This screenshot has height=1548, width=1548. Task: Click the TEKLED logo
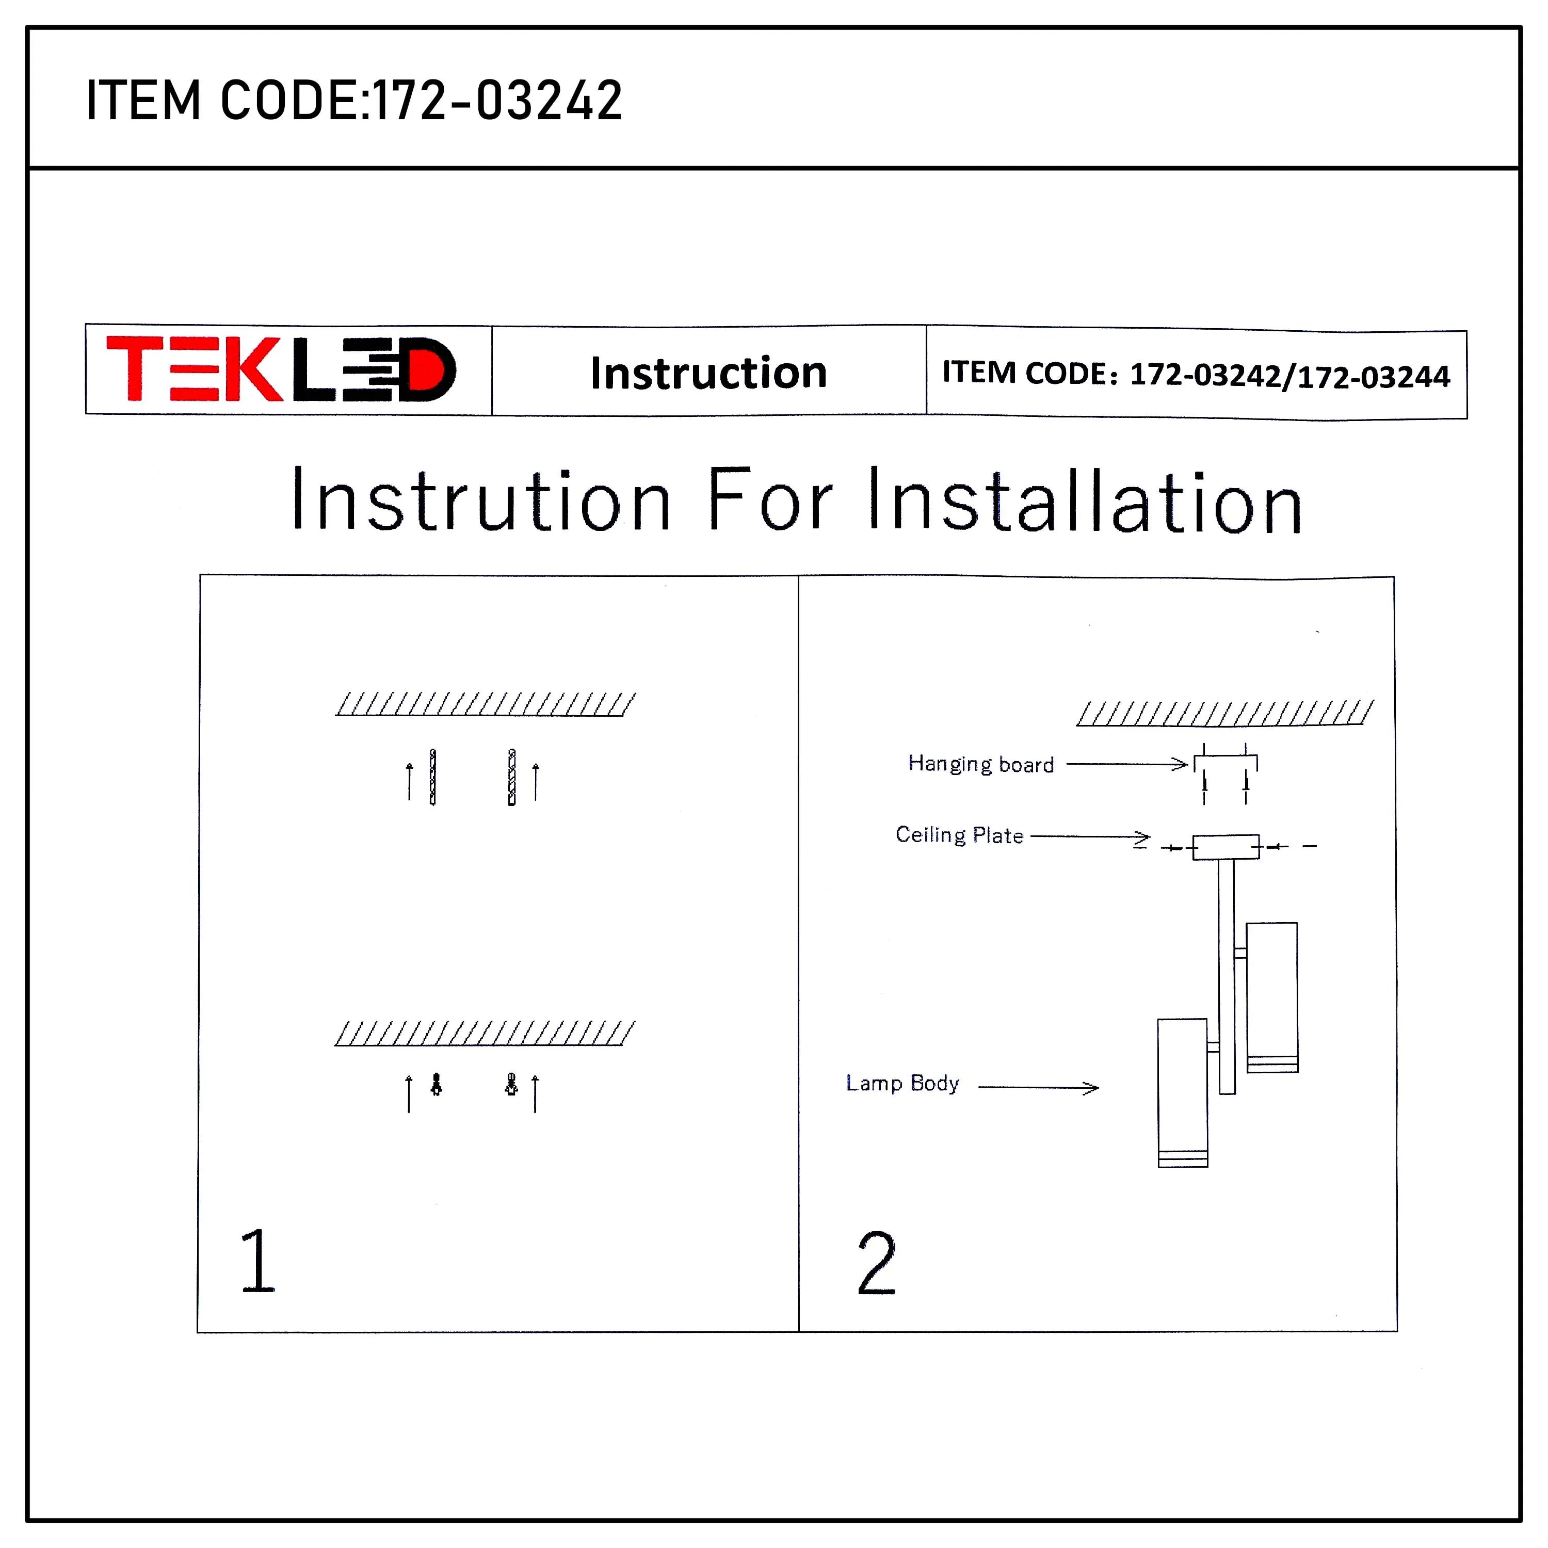click(x=281, y=369)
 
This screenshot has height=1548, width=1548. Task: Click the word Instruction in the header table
click(x=708, y=373)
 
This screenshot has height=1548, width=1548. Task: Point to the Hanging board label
click(x=981, y=764)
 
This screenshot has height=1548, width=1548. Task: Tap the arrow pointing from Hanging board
click(x=1126, y=764)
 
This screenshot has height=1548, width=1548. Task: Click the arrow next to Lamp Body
click(x=1038, y=1087)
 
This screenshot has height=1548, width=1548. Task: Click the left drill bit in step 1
click(x=433, y=777)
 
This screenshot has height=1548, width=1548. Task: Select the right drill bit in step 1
click(x=512, y=777)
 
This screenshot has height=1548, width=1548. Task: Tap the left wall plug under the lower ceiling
click(x=437, y=1085)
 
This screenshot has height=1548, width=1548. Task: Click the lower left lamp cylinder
click(x=1183, y=1092)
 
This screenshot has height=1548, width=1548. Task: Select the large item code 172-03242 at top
click(x=497, y=101)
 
